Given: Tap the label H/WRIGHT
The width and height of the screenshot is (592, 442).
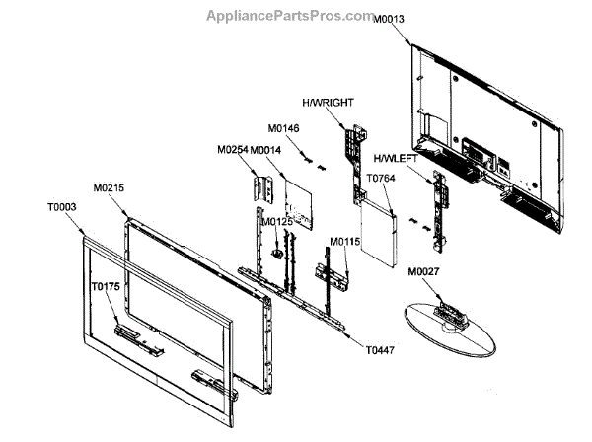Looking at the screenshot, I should click(x=329, y=103).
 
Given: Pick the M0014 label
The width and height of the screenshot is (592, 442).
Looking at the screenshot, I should click(x=266, y=150).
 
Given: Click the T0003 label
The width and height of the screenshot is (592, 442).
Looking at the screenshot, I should click(x=61, y=208).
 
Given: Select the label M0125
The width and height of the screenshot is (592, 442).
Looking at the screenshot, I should click(x=277, y=222).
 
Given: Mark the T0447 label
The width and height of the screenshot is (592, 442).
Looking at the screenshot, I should click(x=379, y=349).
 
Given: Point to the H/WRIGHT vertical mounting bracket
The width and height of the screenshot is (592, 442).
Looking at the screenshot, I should click(x=350, y=158).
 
